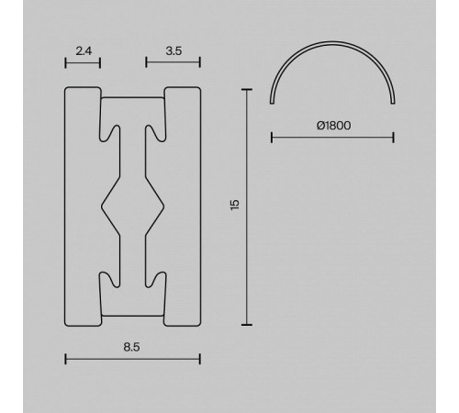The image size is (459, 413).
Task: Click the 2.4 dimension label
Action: tap(84, 50)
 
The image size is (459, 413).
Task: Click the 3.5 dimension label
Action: tap(174, 50)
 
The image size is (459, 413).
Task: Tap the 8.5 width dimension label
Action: tap(131, 347)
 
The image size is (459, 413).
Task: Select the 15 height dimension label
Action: tap(235, 205)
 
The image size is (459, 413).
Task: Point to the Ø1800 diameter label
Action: tap(333, 126)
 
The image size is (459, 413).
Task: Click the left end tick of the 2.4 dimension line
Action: tap(65, 63)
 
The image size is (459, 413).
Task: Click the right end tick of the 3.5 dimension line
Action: tap(200, 62)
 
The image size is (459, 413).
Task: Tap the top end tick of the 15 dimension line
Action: tap(247, 90)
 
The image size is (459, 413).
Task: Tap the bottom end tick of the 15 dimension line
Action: tap(247, 325)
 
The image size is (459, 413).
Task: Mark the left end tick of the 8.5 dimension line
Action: tap(65, 359)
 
